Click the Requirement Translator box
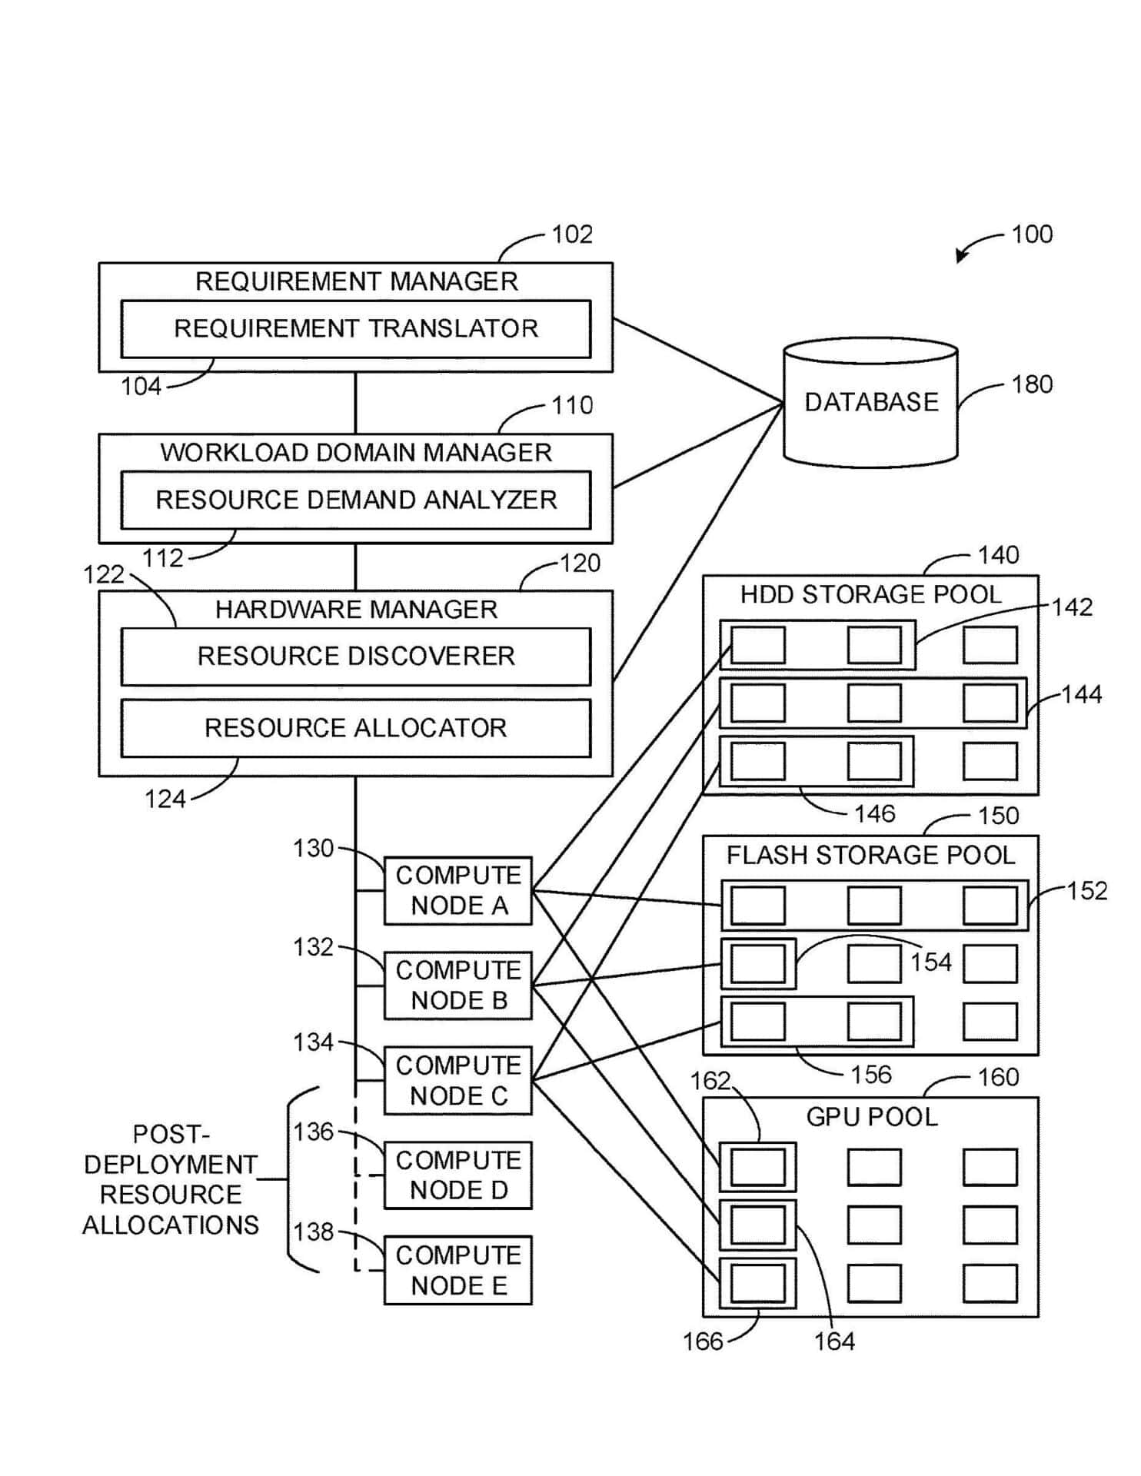[x=355, y=329]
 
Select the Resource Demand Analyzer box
[x=355, y=500]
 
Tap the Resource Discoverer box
[x=355, y=657]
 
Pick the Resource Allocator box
[x=355, y=728]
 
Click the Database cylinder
[x=870, y=403]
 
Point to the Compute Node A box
[x=458, y=890]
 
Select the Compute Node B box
[x=458, y=986]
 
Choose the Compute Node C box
[x=458, y=1080]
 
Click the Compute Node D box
[x=458, y=1175]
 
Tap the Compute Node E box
[x=458, y=1270]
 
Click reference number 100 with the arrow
[x=1031, y=234]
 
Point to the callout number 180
[x=1031, y=384]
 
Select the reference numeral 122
[x=104, y=574]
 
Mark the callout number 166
[x=703, y=1341]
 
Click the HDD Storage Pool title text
[x=870, y=595]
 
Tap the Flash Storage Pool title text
[x=870, y=856]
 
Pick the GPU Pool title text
[x=871, y=1117]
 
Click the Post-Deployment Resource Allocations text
[x=171, y=1179]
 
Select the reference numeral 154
[x=930, y=962]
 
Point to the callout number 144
[x=1081, y=695]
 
